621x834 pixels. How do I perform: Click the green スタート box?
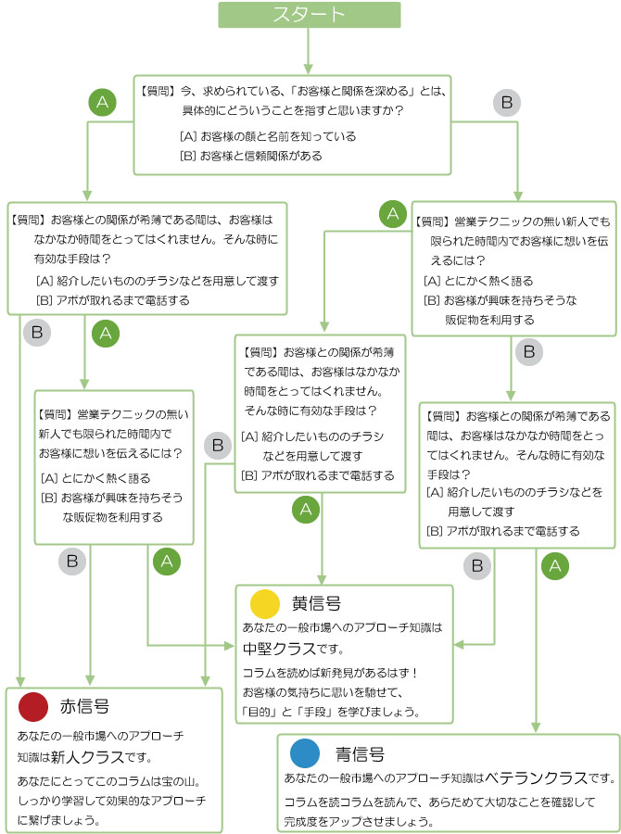click(x=310, y=15)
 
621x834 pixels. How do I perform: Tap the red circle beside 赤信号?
click(x=32, y=707)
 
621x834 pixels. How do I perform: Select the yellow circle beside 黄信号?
click(x=265, y=604)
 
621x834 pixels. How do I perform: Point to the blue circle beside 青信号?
click(x=305, y=752)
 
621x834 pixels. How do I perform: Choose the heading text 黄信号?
click(x=316, y=604)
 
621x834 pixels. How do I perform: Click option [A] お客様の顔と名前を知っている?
click(x=268, y=136)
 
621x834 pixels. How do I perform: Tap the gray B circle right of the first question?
click(x=506, y=103)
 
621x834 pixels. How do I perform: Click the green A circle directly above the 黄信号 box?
click(x=307, y=508)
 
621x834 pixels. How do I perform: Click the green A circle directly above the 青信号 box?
click(x=554, y=563)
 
